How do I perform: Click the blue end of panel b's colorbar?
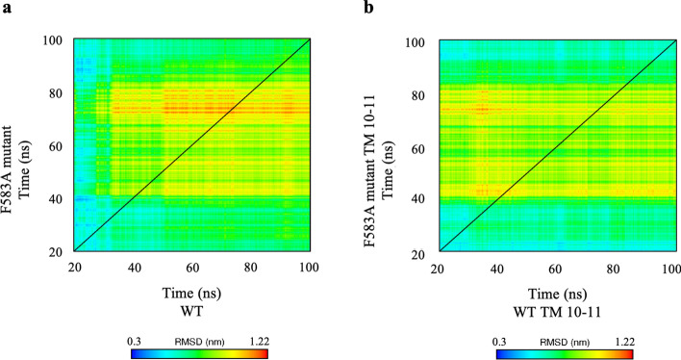pyautogui.click(x=501, y=353)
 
